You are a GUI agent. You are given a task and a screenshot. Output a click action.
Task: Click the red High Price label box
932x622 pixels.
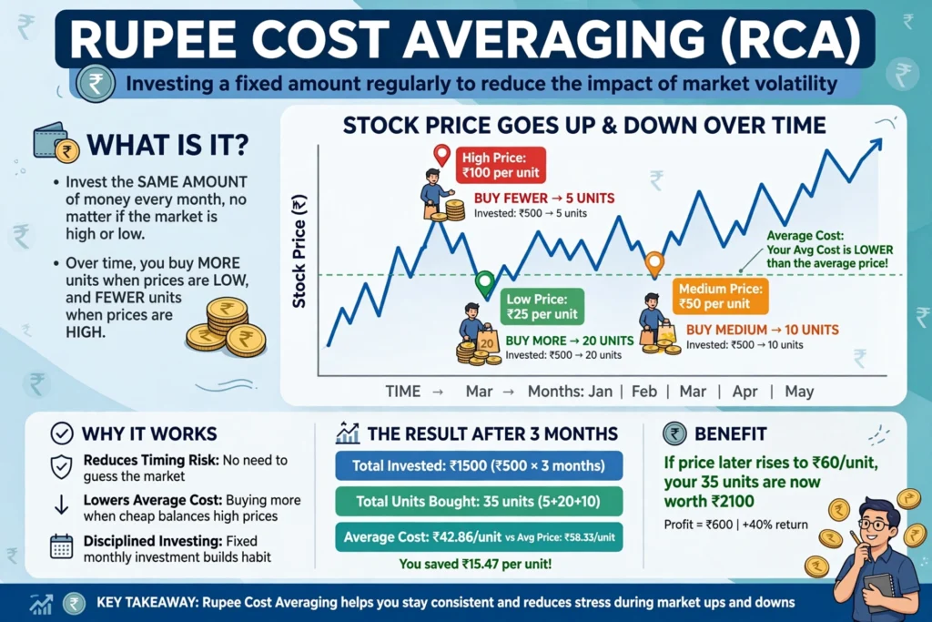click(x=501, y=165)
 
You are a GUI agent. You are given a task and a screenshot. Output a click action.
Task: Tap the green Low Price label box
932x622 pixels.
click(x=542, y=306)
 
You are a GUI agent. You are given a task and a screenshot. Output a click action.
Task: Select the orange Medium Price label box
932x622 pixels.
click(x=721, y=296)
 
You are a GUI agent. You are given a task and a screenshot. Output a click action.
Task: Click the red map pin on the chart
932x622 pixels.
click(x=441, y=155)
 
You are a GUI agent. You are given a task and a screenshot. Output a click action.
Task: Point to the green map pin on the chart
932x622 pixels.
click(x=485, y=282)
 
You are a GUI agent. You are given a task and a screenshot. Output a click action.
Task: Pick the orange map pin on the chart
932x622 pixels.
click(x=654, y=263)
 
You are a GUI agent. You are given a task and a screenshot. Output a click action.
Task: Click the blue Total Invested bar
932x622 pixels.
click(x=479, y=465)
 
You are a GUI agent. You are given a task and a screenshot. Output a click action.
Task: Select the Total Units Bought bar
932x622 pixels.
click(x=479, y=501)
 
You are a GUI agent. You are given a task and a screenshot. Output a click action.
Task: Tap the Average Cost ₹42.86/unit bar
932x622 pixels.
click(x=479, y=537)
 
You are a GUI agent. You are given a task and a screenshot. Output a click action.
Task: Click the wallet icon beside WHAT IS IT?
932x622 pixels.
click(x=54, y=141)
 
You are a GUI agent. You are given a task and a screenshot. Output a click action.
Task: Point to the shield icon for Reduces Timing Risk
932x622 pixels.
click(x=61, y=467)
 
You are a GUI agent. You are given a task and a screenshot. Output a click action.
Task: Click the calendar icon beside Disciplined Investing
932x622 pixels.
click(x=61, y=547)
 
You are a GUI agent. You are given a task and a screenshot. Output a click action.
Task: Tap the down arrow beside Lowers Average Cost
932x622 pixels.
click(x=61, y=505)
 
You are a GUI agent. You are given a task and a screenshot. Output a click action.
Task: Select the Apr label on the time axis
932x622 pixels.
click(x=745, y=392)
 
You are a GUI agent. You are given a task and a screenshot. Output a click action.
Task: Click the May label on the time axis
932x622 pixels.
click(x=799, y=392)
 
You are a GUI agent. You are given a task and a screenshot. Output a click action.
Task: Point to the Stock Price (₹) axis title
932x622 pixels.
click(x=299, y=251)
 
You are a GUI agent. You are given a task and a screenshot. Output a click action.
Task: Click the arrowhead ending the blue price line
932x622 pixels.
click(x=876, y=144)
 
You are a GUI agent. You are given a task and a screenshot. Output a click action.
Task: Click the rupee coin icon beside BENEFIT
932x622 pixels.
click(x=674, y=433)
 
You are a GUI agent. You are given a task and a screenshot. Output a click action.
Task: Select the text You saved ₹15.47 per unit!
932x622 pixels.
click(x=475, y=564)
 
